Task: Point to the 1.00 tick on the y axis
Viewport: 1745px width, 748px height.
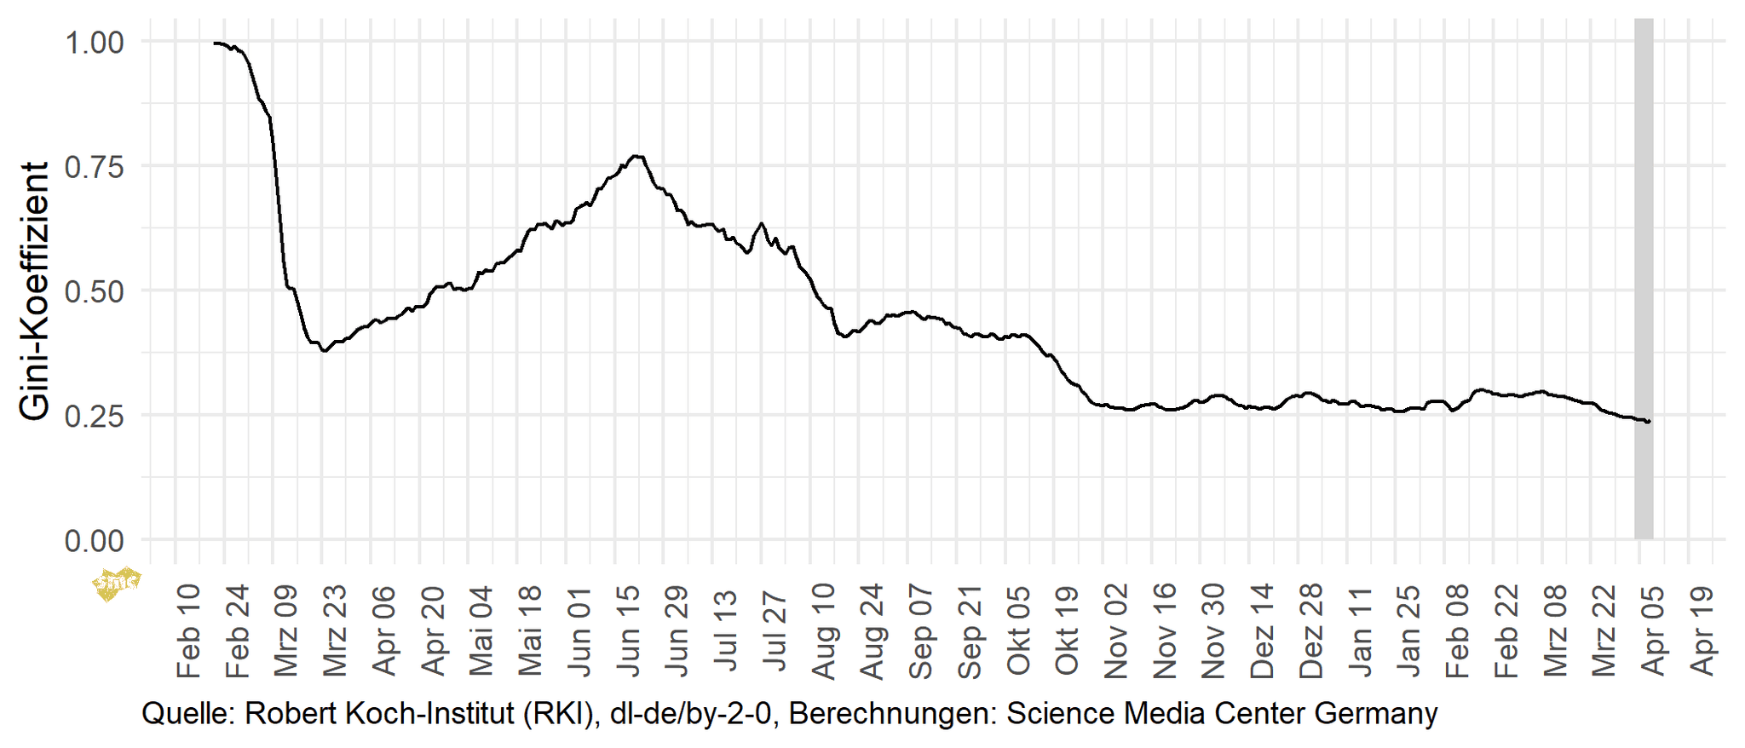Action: (95, 43)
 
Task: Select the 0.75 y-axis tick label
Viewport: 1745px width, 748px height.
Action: (95, 167)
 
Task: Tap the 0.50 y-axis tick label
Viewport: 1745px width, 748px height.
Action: (95, 291)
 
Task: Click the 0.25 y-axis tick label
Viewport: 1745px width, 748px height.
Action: (95, 416)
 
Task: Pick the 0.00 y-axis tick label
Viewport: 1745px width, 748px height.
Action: (95, 540)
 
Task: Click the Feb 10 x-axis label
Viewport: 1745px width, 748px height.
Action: (188, 630)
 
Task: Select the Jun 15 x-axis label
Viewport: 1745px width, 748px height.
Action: (628, 630)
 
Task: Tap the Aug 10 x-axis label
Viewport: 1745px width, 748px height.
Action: (823, 630)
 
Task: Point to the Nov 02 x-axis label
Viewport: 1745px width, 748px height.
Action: (1115, 630)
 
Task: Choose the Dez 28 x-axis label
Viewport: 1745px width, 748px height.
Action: (1310, 630)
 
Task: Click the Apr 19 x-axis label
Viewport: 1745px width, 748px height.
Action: (1702, 630)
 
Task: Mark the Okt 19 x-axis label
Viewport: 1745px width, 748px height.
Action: (1067, 630)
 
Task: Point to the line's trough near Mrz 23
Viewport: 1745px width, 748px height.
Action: (324, 350)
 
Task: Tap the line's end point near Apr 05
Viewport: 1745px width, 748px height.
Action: (1649, 422)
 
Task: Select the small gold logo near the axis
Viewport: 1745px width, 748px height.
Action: (116, 584)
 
